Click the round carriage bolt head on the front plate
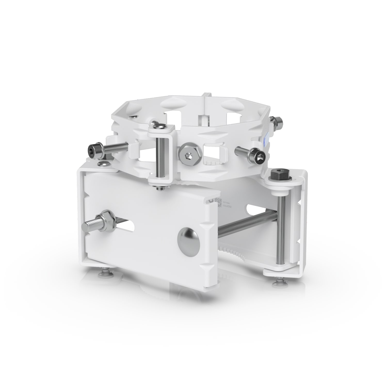click(x=188, y=239)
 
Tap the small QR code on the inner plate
click(x=219, y=203)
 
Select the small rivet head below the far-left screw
click(x=104, y=164)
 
